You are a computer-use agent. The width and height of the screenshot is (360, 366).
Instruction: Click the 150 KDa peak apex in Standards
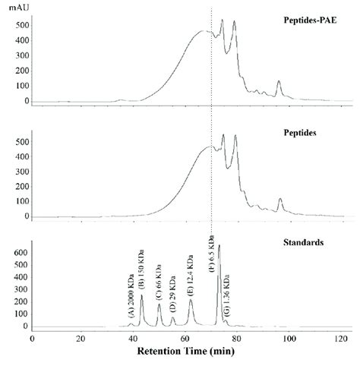click(x=141, y=295)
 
